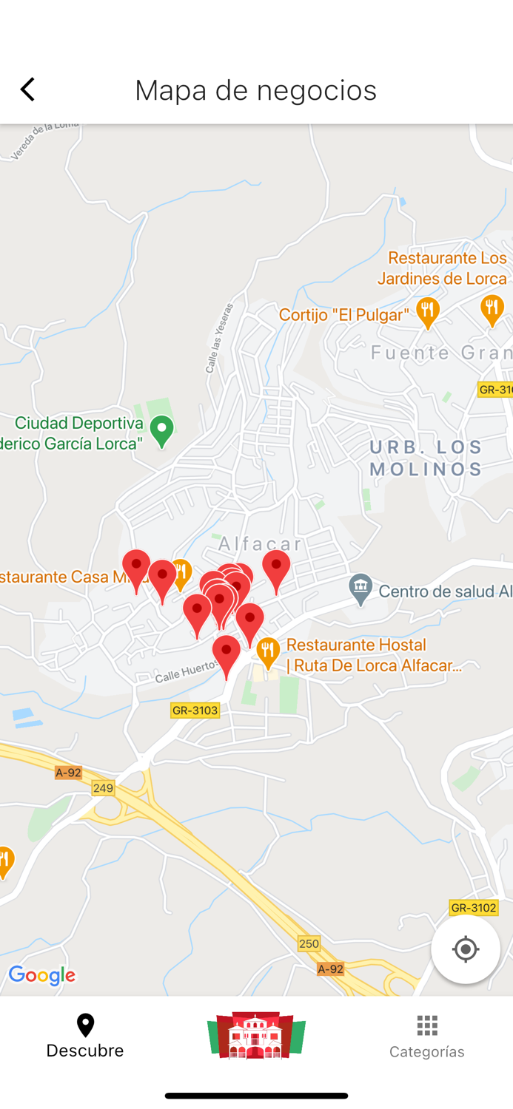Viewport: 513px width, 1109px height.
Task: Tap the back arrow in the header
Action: (28, 89)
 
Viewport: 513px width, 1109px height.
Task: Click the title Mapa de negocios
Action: (255, 90)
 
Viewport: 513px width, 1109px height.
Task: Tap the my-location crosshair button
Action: (465, 949)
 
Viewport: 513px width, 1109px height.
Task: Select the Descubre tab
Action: (85, 1036)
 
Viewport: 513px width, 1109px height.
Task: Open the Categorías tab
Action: (427, 1036)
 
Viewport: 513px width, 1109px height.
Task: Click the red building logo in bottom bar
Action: (256, 1035)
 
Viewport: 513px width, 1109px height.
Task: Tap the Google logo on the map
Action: (42, 976)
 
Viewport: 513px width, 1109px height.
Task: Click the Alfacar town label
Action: (260, 544)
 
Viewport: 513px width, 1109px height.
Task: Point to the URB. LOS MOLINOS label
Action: (426, 458)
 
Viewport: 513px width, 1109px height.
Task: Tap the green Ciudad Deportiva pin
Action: (161, 430)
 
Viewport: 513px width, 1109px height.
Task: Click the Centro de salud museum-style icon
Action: (361, 589)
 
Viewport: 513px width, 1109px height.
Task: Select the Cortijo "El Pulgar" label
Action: (344, 315)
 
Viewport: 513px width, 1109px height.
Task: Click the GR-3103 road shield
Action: (195, 710)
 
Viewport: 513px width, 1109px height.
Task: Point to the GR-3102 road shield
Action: (473, 907)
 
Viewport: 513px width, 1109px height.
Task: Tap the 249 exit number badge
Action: (103, 788)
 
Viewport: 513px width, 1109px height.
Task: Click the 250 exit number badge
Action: (309, 943)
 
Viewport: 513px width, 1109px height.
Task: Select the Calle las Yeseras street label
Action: (219, 337)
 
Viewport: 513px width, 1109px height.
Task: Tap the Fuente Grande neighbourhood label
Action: (441, 353)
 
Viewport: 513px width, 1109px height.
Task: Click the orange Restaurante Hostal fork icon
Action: (268, 651)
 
